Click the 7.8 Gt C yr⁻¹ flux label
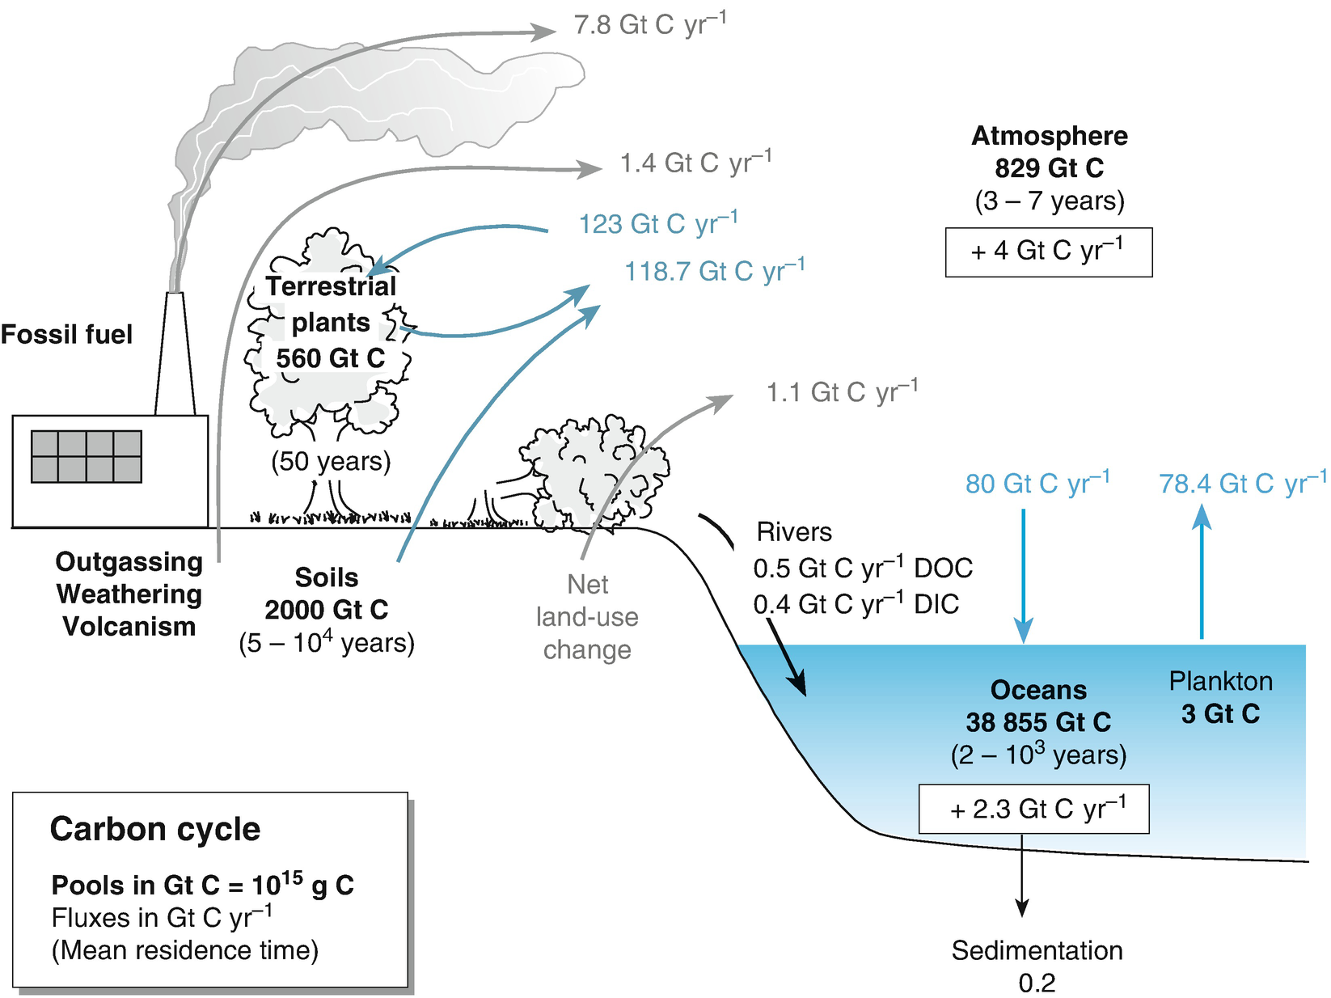click(649, 24)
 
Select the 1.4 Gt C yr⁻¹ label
click(695, 163)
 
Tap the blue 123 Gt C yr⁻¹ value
click(657, 223)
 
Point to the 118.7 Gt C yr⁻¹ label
click(714, 271)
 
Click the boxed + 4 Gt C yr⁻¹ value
click(1048, 252)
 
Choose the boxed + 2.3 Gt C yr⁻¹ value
click(1033, 809)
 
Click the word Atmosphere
click(1049, 136)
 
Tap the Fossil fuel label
click(66, 334)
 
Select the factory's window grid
click(87, 457)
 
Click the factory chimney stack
click(175, 356)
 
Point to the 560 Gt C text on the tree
click(330, 357)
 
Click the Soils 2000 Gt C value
click(326, 609)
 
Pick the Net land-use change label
click(587, 616)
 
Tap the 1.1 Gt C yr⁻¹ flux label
click(841, 392)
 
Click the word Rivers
click(793, 531)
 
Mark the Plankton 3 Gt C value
click(1220, 713)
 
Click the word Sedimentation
click(1037, 950)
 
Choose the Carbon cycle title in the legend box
click(155, 829)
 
